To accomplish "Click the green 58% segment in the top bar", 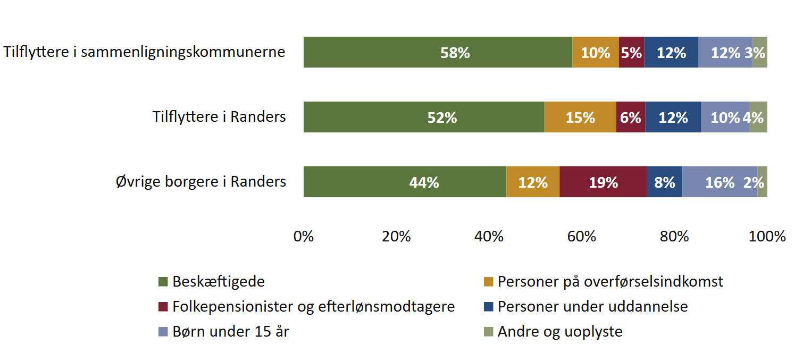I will pyautogui.click(x=437, y=52).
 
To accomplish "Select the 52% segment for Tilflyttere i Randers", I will pyautogui.click(x=423, y=117).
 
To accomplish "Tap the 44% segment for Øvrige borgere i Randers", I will pyautogui.click(x=405, y=182).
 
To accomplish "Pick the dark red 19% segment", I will pyautogui.click(x=603, y=182).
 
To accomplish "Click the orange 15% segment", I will pyautogui.click(x=580, y=117).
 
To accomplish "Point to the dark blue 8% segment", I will pyautogui.click(x=664, y=182).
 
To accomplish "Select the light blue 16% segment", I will pyautogui.click(x=720, y=182).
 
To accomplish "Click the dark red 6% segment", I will pyautogui.click(x=630, y=117).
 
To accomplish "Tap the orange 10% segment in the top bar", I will pyautogui.click(x=595, y=52).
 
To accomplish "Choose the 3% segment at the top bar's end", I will pyautogui.click(x=760, y=52).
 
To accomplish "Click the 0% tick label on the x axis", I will pyautogui.click(x=304, y=236).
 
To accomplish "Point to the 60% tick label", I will pyautogui.click(x=582, y=236).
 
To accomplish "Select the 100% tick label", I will pyautogui.click(x=767, y=236).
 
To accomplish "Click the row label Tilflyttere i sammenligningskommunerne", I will pyautogui.click(x=144, y=52).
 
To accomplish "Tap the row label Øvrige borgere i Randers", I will pyautogui.click(x=201, y=182).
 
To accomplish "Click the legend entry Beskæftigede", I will pyautogui.click(x=218, y=281).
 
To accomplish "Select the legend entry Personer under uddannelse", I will pyautogui.click(x=592, y=307).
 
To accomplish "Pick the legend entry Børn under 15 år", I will pyautogui.click(x=231, y=332).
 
